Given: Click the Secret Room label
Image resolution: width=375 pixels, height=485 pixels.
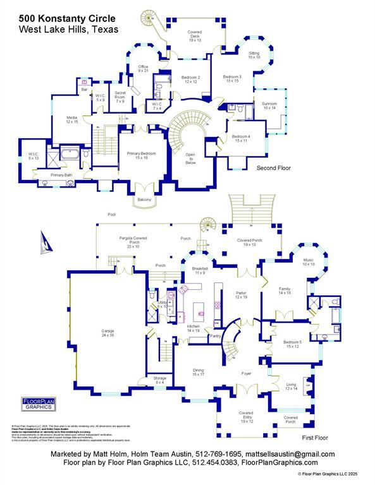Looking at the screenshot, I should pos(120,97).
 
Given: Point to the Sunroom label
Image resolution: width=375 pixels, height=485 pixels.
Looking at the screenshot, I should pos(269,106).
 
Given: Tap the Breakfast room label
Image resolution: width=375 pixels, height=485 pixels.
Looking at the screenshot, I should pos(200,270).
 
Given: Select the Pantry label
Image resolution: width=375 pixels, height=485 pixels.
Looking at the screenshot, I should pos(216,336).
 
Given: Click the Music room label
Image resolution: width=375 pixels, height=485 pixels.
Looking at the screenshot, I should pos(308,262).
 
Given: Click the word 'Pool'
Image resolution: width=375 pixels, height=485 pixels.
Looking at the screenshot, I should pos(111,214).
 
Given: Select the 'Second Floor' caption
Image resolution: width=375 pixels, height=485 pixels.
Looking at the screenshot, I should pos(273,169).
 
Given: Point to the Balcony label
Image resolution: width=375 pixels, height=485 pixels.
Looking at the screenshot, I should pos(145,200).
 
